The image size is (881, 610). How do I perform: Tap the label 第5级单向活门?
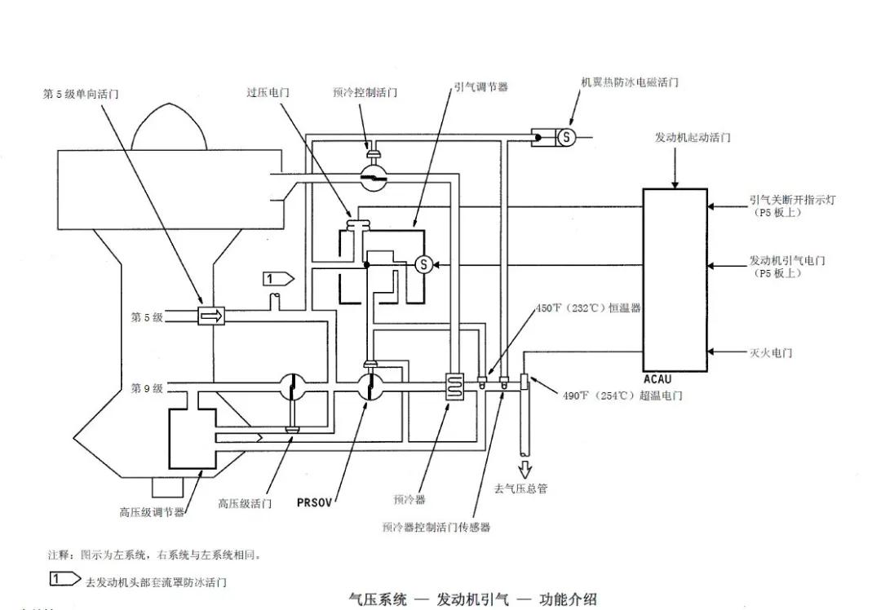tap(80, 94)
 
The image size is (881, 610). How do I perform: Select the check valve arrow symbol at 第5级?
tap(210, 316)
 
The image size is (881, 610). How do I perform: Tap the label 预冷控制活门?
tap(365, 93)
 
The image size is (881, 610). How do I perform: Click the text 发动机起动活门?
tap(693, 137)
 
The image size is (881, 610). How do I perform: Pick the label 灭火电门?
tap(770, 353)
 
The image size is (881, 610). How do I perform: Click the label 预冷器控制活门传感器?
tap(436, 528)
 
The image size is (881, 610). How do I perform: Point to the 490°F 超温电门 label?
tap(622, 396)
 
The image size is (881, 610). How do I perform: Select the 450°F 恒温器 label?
tap(587, 308)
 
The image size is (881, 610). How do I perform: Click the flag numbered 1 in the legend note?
tap(64, 579)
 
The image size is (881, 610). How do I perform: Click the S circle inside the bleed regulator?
tap(423, 263)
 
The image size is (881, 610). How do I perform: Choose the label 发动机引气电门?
tap(786, 261)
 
